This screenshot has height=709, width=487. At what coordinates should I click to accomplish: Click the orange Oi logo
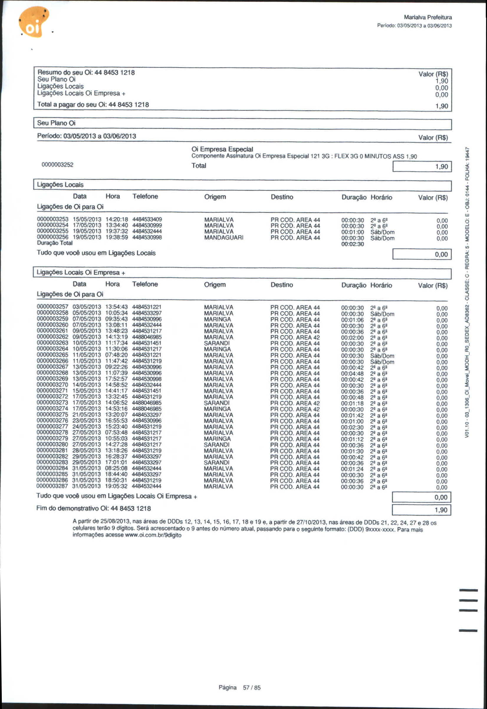pyautogui.click(x=34, y=22)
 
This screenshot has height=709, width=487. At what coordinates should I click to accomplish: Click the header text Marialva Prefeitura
pyautogui.click(x=427, y=17)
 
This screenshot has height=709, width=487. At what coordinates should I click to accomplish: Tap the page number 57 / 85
pyautogui.click(x=251, y=687)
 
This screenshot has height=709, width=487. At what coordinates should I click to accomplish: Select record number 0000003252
pyautogui.click(x=57, y=165)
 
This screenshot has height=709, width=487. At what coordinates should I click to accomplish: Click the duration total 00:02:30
pyautogui.click(x=353, y=244)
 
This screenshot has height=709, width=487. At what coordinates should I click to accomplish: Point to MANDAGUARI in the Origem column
pyautogui.click(x=224, y=237)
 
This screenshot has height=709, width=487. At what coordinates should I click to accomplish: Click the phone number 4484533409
pyautogui.click(x=147, y=219)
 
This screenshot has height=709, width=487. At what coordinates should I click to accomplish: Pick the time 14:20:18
pyautogui.click(x=116, y=219)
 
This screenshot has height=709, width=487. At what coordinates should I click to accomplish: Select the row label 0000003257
pyautogui.click(x=52, y=307)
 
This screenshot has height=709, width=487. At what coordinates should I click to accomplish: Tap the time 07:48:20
pyautogui.click(x=116, y=355)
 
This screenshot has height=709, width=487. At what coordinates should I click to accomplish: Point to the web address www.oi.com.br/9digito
pyautogui.click(x=153, y=535)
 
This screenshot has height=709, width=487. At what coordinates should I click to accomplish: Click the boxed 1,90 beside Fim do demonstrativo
pyautogui.click(x=421, y=510)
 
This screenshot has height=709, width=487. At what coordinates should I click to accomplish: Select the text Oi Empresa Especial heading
pyautogui.click(x=222, y=149)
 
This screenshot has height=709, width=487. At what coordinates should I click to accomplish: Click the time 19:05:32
pyautogui.click(x=116, y=486)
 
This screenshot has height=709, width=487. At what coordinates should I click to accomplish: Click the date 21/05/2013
pyautogui.click(x=87, y=415)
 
